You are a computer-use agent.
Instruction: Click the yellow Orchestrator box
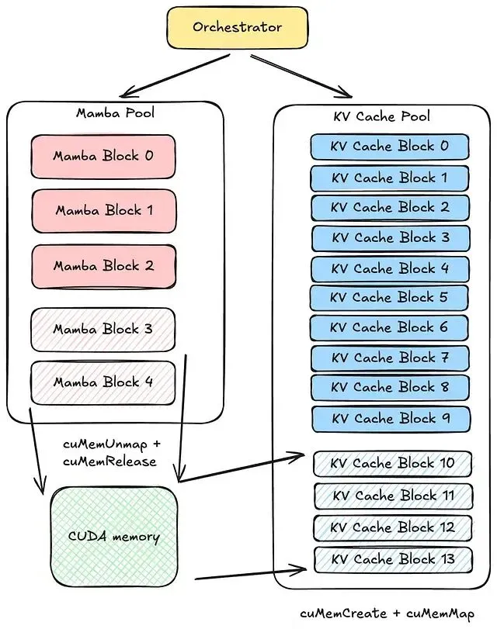pos(237,28)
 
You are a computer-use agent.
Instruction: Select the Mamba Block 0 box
pos(103,156)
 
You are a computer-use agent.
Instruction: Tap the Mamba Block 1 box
pos(103,210)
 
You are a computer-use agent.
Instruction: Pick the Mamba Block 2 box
pos(103,265)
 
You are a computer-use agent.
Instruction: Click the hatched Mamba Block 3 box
pos(103,329)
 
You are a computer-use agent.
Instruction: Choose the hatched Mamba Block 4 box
pos(103,382)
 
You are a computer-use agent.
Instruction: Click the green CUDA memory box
pos(114,537)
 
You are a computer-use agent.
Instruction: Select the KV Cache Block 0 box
pos(390,147)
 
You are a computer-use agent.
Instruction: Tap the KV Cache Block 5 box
pos(390,297)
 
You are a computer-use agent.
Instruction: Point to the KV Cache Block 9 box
pos(390,419)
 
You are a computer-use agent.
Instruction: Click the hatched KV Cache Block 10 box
pos(392,463)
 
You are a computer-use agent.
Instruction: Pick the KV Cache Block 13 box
pos(392,559)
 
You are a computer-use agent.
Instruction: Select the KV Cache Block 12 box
pos(392,527)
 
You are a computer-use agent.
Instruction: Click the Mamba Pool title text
pos(115,113)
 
